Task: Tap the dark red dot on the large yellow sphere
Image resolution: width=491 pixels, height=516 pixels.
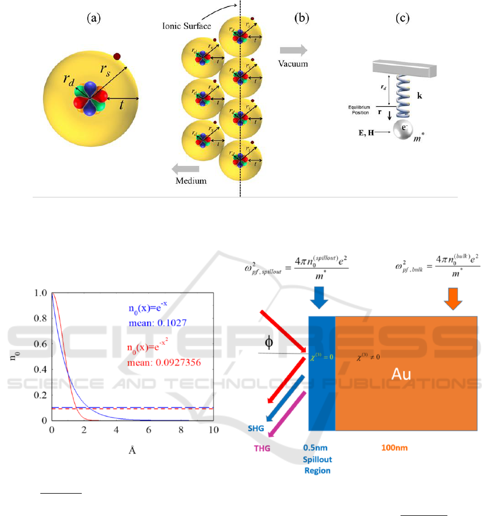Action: [117, 56]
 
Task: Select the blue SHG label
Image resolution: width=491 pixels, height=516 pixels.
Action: [255, 429]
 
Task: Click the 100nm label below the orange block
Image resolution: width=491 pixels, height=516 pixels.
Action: [391, 448]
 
